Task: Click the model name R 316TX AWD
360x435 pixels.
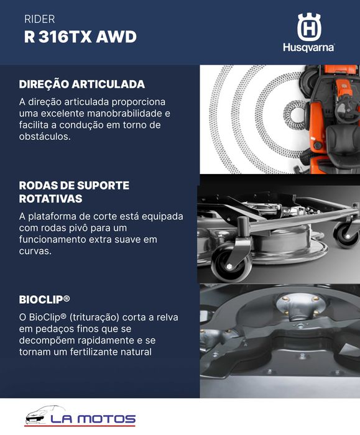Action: coord(80,37)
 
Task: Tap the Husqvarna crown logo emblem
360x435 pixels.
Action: coord(308,27)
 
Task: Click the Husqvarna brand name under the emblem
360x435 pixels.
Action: coord(308,47)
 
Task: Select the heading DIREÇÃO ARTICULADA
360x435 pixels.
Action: coord(81,84)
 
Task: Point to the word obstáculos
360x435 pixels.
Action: coord(44,137)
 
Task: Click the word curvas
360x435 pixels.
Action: coord(35,252)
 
